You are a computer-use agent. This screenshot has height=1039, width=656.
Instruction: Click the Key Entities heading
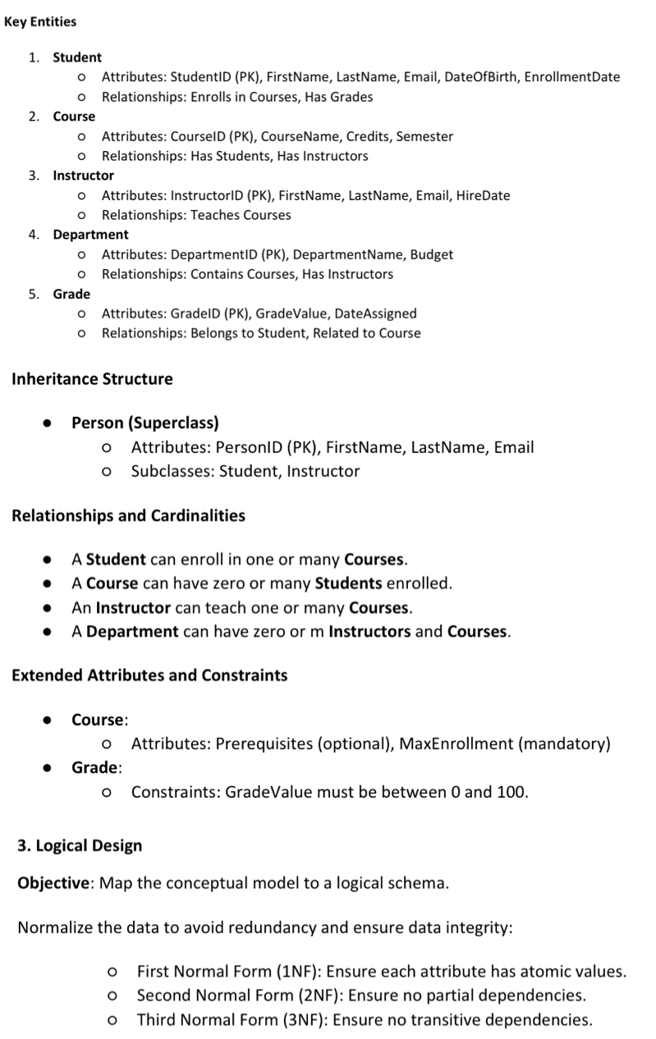point(40,21)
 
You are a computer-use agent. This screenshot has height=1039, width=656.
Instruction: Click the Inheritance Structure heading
point(92,379)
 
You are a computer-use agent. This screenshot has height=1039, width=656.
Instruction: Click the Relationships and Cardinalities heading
point(128,516)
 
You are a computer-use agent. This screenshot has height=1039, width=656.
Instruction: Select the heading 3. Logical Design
point(80,845)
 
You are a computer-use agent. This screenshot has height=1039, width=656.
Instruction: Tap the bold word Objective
point(53,884)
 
